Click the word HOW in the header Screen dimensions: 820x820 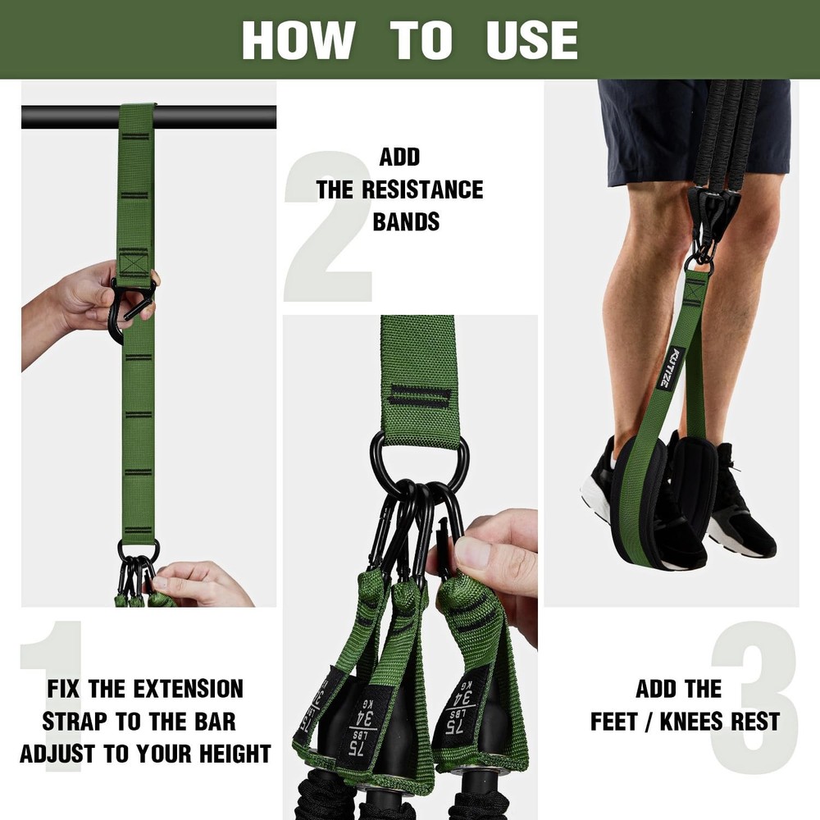click(x=298, y=39)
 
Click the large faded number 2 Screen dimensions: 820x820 click(x=328, y=226)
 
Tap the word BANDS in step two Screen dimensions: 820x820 click(x=406, y=221)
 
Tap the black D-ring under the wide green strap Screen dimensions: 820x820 click(x=418, y=459)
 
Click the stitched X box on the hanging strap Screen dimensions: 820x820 click(x=134, y=263)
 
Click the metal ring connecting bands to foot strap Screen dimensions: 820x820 click(x=699, y=260)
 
